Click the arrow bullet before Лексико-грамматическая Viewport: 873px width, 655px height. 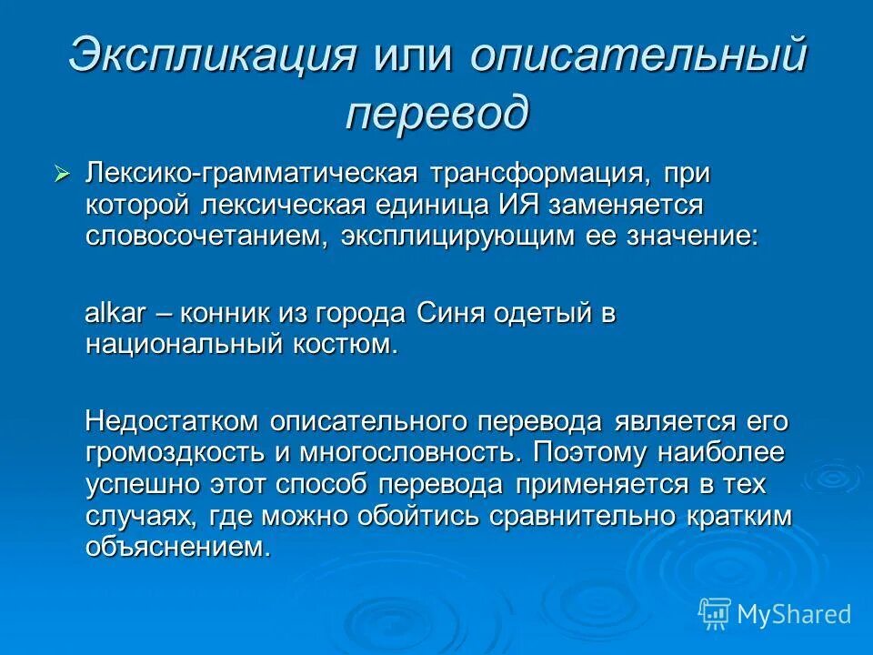(x=62, y=173)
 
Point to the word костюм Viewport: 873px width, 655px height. (x=346, y=345)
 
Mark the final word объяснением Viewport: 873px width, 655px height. (x=178, y=547)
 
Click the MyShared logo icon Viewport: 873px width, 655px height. (x=715, y=613)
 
